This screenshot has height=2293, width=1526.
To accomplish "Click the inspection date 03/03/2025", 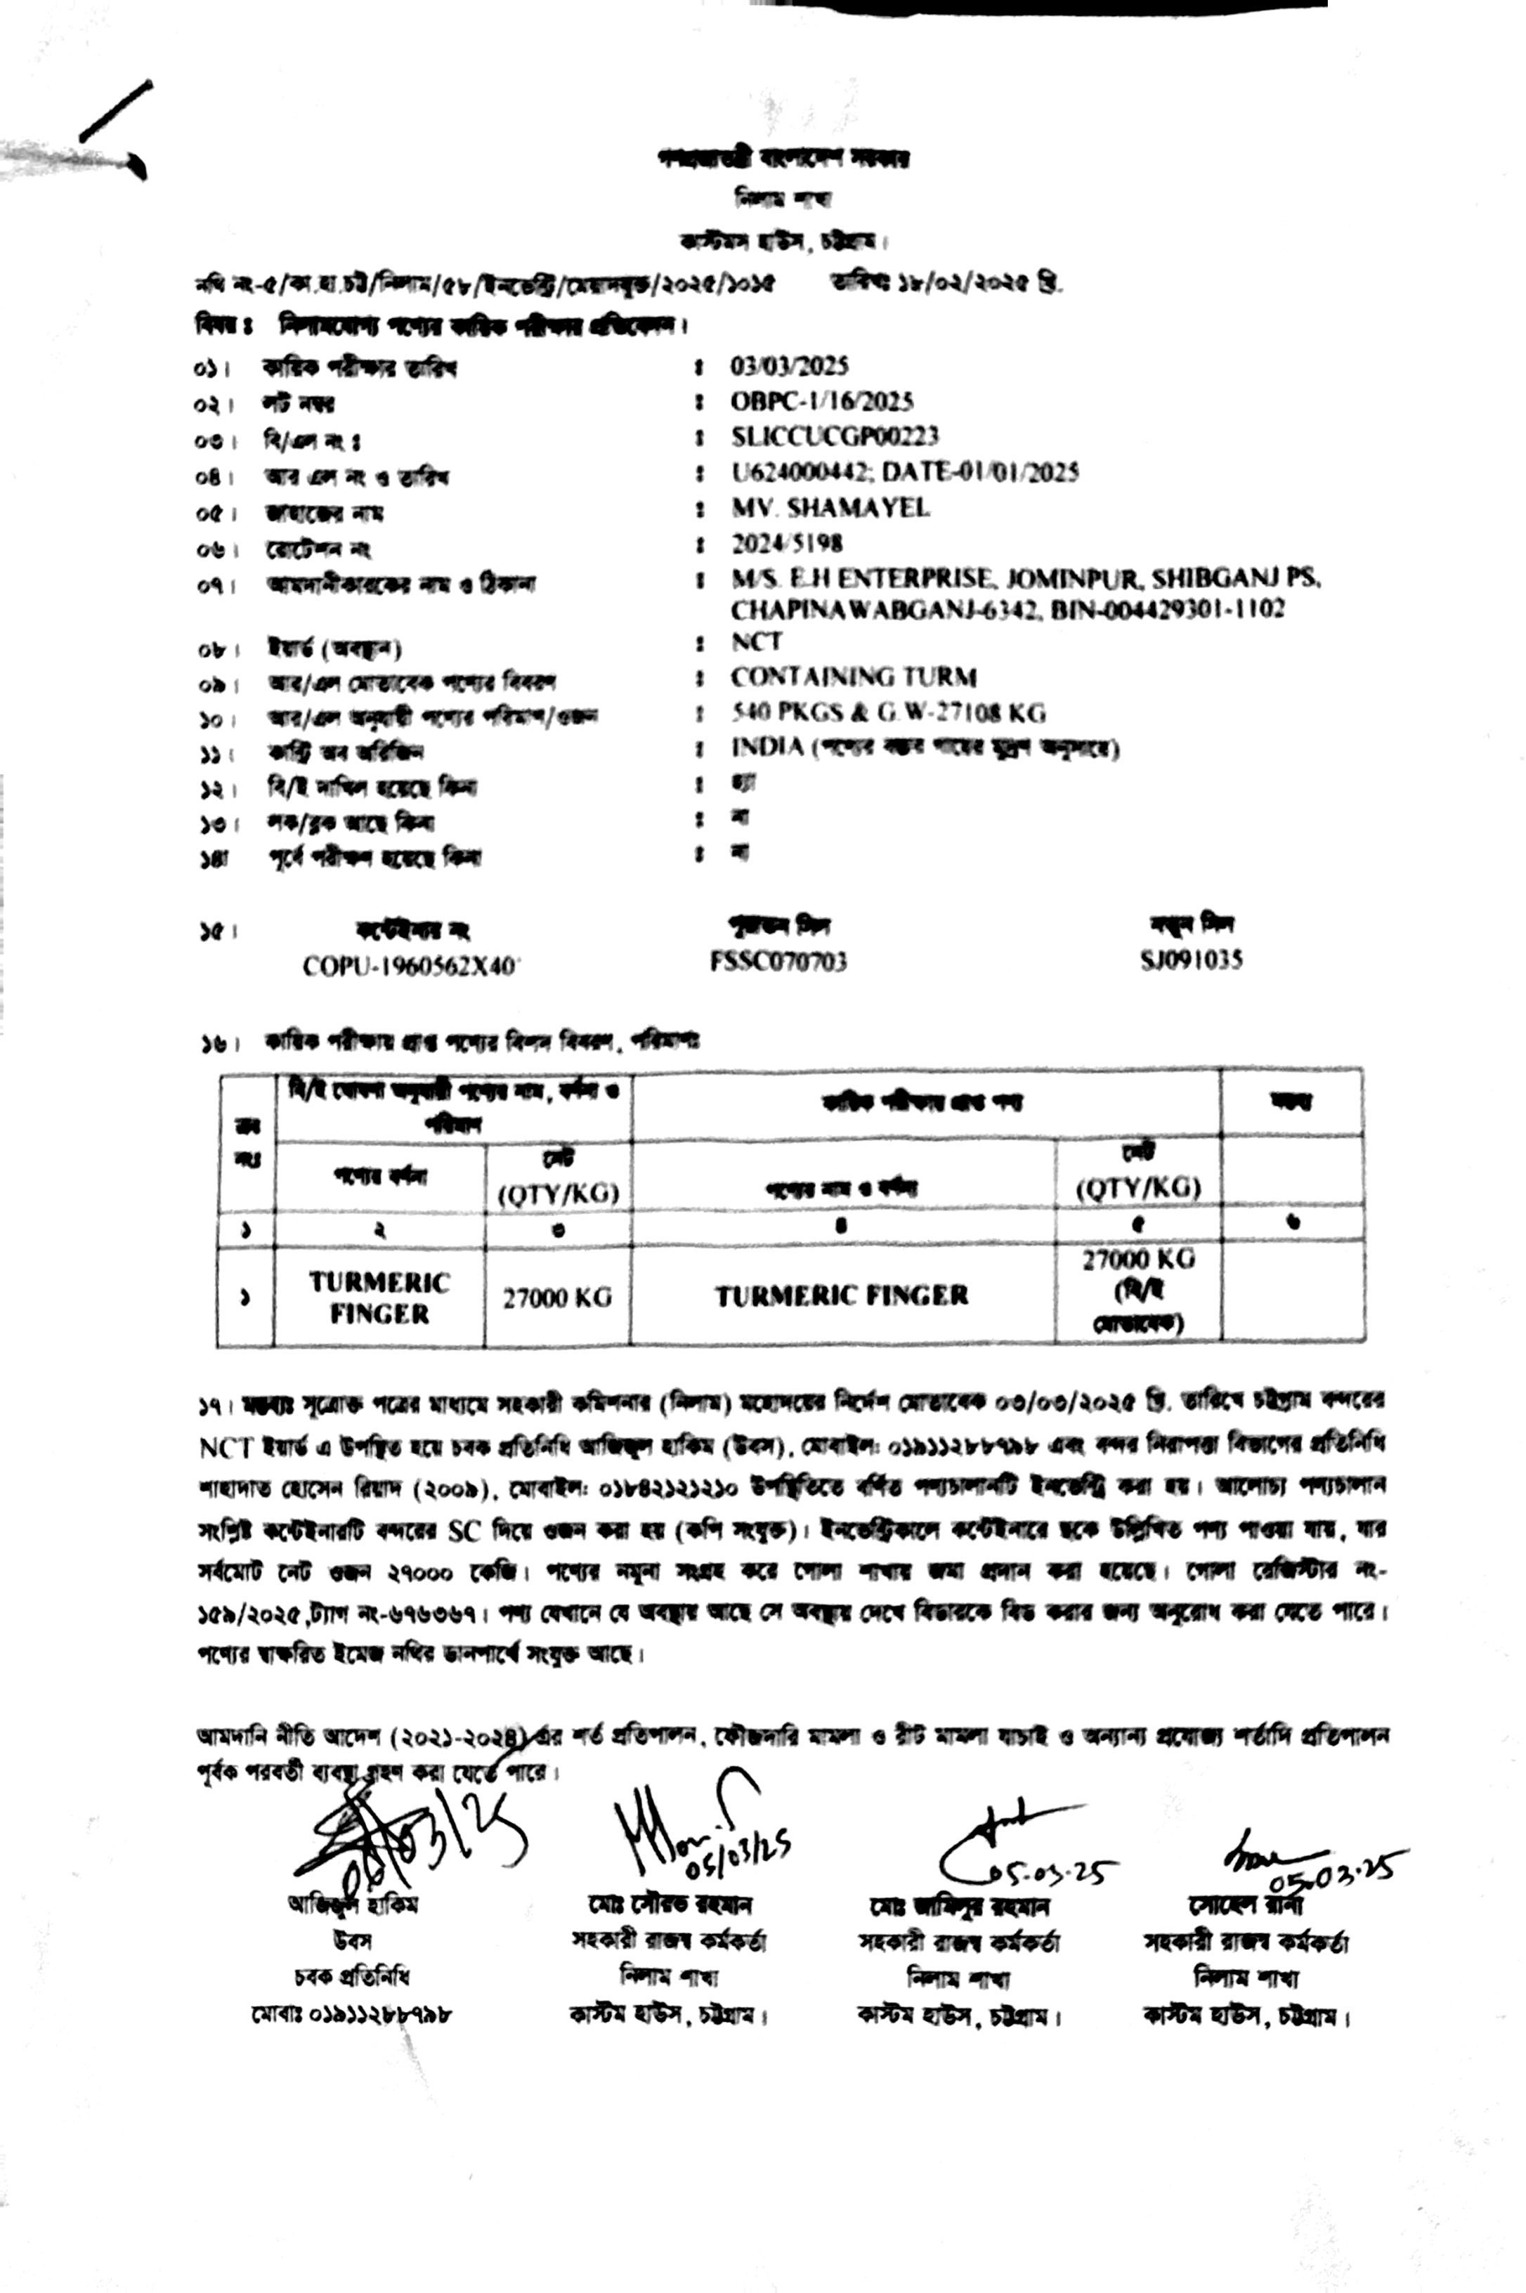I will point(789,366).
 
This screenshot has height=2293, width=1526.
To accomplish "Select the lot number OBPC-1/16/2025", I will point(822,401).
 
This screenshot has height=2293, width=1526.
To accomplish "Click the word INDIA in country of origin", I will point(768,747).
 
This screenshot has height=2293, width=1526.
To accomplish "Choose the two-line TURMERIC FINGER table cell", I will point(379,1298).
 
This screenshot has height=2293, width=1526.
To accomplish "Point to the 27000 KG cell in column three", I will point(556,1298).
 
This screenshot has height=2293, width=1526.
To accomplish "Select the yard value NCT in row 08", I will point(756,641).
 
